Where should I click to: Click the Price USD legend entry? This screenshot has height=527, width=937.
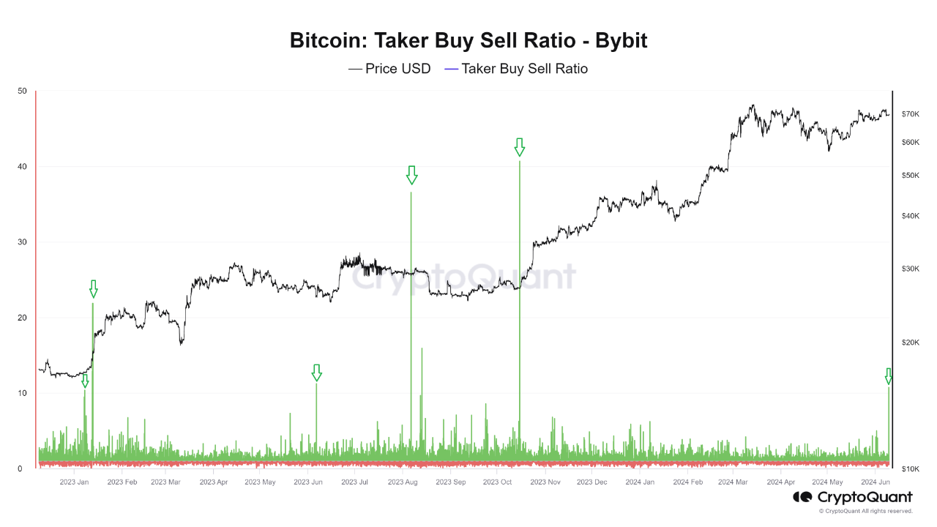pyautogui.click(x=389, y=69)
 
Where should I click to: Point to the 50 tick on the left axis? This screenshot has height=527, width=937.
pyautogui.click(x=22, y=91)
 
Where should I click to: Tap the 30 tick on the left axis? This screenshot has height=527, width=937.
pyautogui.click(x=22, y=242)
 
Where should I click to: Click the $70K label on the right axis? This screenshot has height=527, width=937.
pyautogui.click(x=910, y=114)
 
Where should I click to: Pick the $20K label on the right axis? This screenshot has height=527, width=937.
pyautogui.click(x=910, y=343)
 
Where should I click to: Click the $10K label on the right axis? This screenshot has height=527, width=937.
pyautogui.click(x=910, y=468)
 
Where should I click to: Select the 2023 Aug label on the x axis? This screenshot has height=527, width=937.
pyautogui.click(x=403, y=482)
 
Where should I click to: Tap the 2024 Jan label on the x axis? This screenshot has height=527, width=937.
pyautogui.click(x=641, y=482)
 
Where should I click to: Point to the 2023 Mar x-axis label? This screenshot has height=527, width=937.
pyautogui.click(x=165, y=482)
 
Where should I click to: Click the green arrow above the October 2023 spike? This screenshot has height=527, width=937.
pyautogui.click(x=520, y=147)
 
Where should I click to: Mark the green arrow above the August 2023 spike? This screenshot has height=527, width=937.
pyautogui.click(x=411, y=175)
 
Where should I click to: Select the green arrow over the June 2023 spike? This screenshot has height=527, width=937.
pyautogui.click(x=316, y=373)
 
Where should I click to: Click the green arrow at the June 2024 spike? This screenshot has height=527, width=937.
pyautogui.click(x=889, y=376)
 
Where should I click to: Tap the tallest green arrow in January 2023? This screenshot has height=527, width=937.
pyautogui.click(x=93, y=289)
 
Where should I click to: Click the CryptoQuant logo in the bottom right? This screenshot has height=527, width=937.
pyautogui.click(x=853, y=497)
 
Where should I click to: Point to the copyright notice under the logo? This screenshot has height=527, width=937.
pyautogui.click(x=865, y=511)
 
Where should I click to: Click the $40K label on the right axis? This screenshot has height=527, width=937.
pyautogui.click(x=910, y=215)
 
